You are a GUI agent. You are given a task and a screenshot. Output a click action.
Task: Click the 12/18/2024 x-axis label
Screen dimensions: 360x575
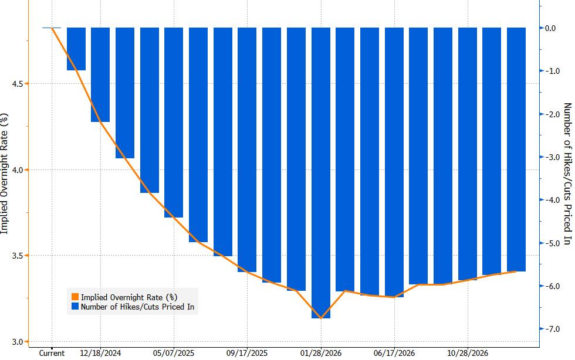tap(100, 354)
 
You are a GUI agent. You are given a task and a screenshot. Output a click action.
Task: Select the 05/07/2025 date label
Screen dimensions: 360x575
tap(174, 354)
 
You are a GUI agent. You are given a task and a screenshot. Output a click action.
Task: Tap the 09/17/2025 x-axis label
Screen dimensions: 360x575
tap(248, 354)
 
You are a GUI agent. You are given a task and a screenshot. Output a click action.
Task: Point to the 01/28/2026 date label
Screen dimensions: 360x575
tap(321, 354)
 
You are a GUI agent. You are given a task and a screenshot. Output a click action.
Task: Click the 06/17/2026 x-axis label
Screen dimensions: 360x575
tap(394, 354)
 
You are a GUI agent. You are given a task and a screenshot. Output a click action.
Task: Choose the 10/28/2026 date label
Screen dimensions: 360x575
tap(468, 354)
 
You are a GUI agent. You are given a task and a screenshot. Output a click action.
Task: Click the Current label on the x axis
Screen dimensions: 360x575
tap(52, 354)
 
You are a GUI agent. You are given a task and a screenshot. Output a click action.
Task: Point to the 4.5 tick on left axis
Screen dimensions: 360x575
tap(18, 84)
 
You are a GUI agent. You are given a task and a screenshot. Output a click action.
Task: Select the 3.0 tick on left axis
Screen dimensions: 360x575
tap(18, 342)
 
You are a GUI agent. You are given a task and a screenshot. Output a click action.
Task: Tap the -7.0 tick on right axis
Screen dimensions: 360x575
tap(554, 329)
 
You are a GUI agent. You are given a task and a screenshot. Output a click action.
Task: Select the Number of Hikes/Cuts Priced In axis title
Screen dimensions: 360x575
tap(567, 174)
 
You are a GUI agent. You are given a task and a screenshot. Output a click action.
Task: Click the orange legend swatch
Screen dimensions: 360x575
tap(74, 297)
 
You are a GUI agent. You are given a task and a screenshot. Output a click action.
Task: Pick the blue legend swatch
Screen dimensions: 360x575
tap(74, 306)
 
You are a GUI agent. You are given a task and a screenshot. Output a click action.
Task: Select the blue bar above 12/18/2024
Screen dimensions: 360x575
tap(100, 74)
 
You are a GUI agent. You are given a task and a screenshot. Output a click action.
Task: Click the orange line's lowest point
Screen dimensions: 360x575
tap(321, 318)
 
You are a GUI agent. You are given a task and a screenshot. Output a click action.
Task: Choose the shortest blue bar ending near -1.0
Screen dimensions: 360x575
tap(76, 49)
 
